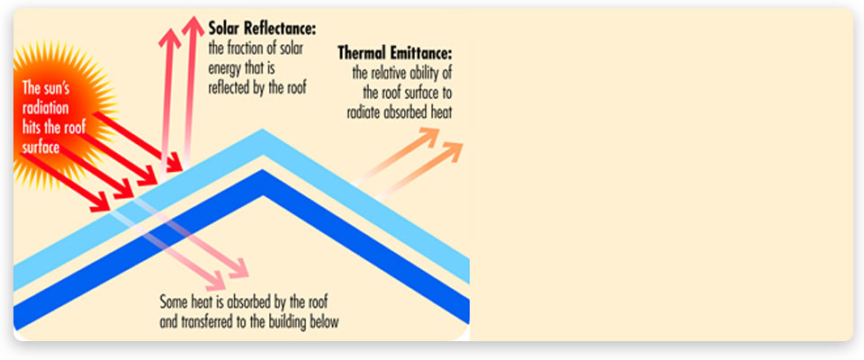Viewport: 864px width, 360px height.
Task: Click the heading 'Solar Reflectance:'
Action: point(263,29)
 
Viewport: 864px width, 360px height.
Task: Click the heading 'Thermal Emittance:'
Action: point(394,54)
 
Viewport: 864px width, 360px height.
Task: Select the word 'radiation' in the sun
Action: point(45,107)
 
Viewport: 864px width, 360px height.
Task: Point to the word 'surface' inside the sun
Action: point(40,148)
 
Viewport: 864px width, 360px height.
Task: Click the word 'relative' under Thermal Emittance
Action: point(390,73)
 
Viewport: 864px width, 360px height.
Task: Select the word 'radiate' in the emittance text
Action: point(364,113)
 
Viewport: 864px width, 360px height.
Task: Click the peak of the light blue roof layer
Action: point(263,130)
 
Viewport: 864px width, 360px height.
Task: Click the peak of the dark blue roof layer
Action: point(263,170)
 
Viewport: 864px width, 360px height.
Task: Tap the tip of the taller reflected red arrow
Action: point(193,16)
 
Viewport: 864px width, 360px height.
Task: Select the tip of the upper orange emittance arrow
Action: point(438,130)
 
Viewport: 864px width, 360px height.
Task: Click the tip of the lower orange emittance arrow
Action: point(462,143)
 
